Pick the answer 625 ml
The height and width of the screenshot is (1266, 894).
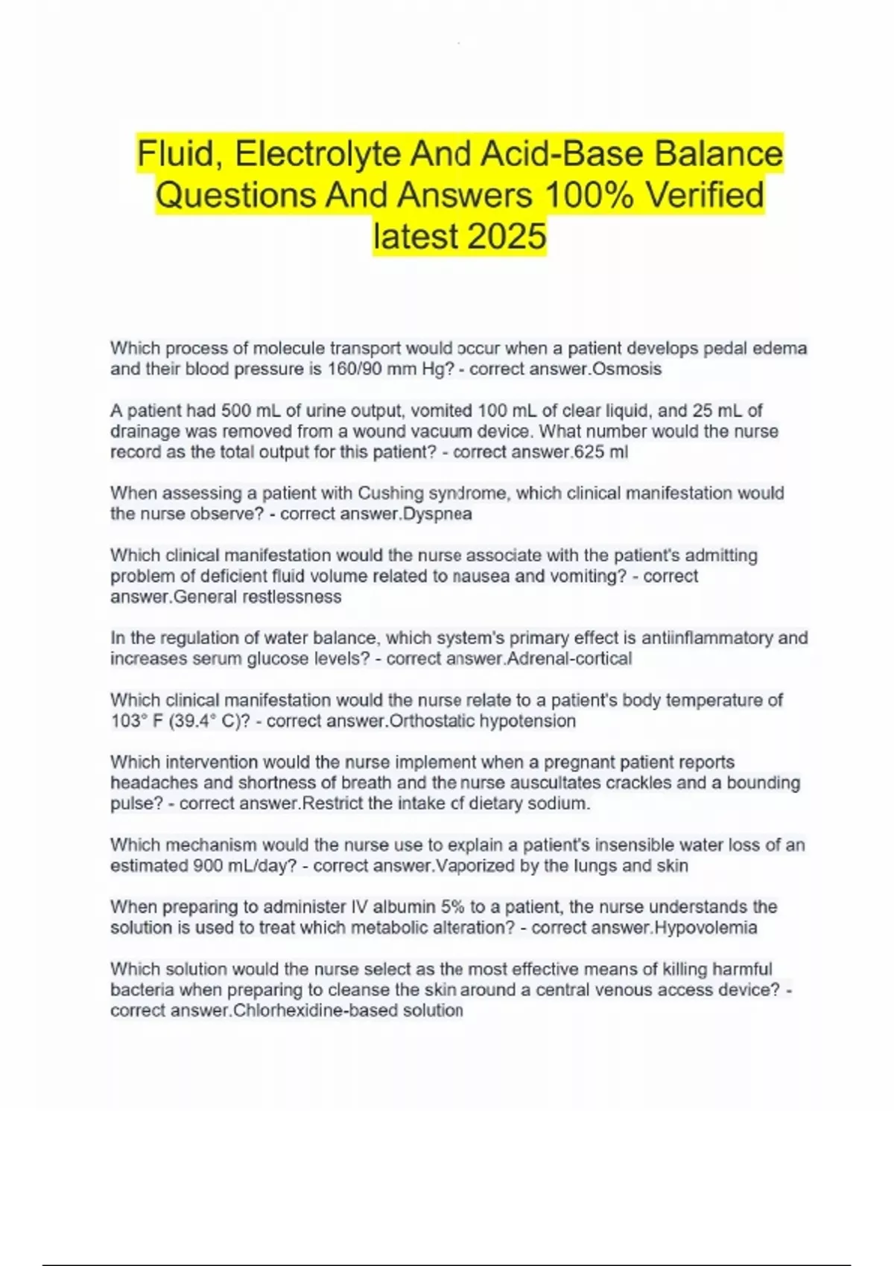600,452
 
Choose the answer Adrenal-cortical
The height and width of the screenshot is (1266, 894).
569,658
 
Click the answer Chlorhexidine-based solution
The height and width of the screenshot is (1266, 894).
348,1011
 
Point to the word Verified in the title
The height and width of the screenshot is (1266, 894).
705,196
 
